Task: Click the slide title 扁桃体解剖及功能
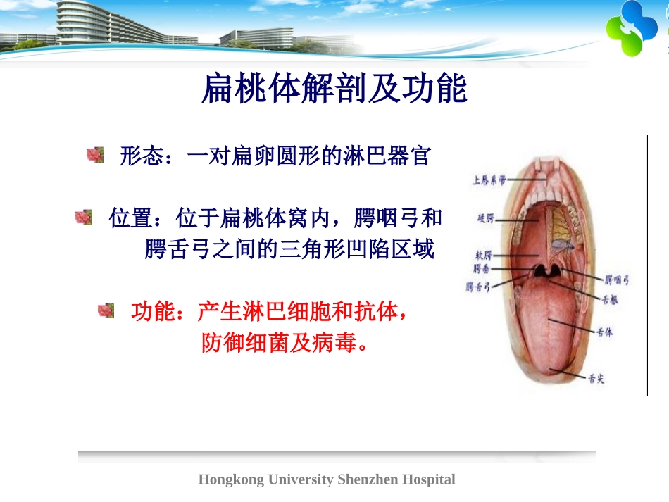tap(334, 90)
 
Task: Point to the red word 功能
tap(153, 311)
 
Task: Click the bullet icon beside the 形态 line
tap(95, 155)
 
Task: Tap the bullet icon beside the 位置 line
tap(84, 218)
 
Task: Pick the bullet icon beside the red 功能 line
tap(106, 310)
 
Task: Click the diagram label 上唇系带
tap(489, 181)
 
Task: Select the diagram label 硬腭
tap(486, 219)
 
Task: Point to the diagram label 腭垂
tap(482, 269)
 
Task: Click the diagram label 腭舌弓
tap(478, 287)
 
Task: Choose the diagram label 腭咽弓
tap(617, 280)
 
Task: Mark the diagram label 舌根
tap(610, 299)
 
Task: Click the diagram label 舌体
tap(604, 332)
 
